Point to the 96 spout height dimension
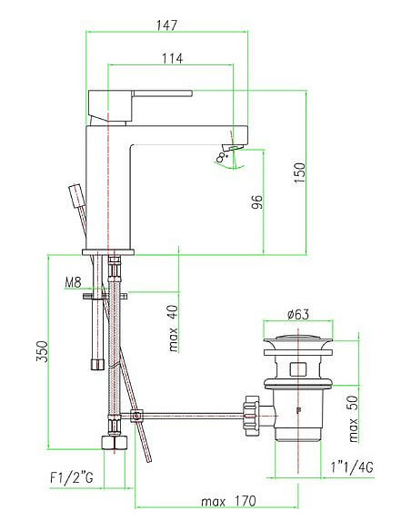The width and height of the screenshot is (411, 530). [257, 200]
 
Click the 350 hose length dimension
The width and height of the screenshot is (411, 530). [41, 351]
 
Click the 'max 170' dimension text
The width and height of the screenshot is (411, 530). [228, 501]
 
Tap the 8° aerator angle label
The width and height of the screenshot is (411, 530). [222, 157]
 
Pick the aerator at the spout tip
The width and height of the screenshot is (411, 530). [235, 146]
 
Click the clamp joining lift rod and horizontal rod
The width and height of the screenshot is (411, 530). [137, 417]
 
